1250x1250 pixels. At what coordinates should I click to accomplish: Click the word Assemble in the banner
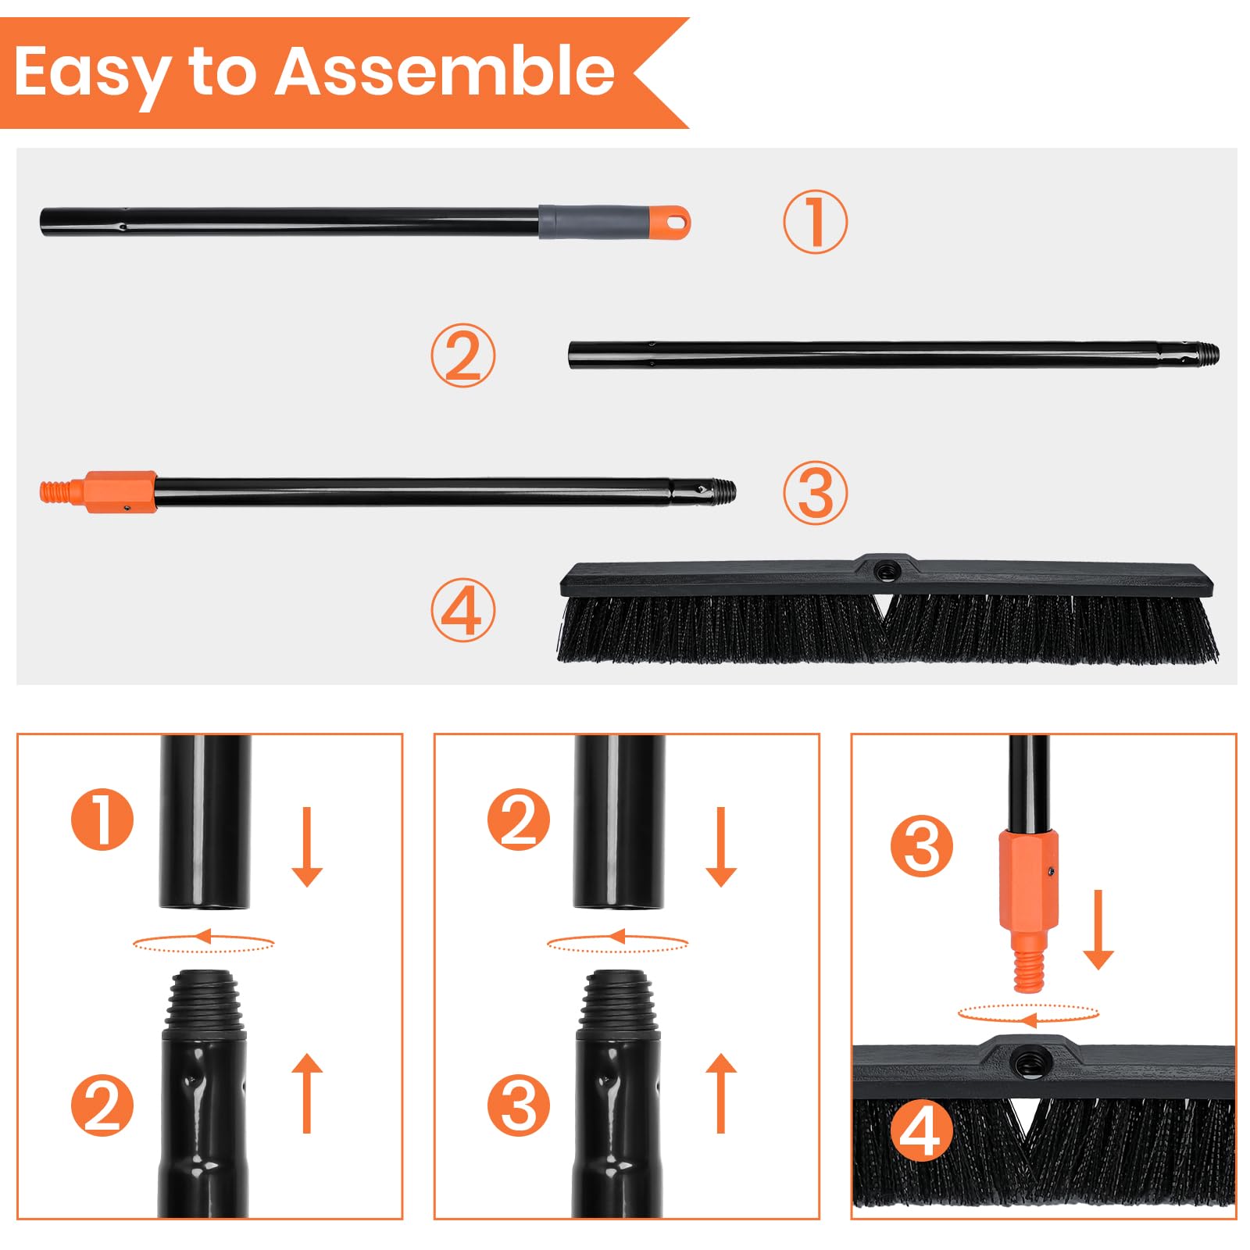pyautogui.click(x=444, y=72)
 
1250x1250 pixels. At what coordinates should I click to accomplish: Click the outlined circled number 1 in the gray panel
pyautogui.click(x=815, y=222)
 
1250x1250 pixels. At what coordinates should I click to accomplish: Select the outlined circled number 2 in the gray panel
pyautogui.click(x=463, y=355)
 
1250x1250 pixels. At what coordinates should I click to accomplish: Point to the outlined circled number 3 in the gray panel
pyautogui.click(x=815, y=493)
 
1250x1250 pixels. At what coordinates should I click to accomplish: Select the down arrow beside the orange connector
pyautogui.click(x=1098, y=930)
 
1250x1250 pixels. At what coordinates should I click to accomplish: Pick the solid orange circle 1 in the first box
pyautogui.click(x=102, y=820)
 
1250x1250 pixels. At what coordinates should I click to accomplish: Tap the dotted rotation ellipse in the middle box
pyautogui.click(x=617, y=943)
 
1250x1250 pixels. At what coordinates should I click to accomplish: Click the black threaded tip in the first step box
pyautogui.click(x=204, y=1000)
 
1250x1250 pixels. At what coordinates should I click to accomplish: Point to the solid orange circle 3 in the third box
pyautogui.click(x=921, y=846)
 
